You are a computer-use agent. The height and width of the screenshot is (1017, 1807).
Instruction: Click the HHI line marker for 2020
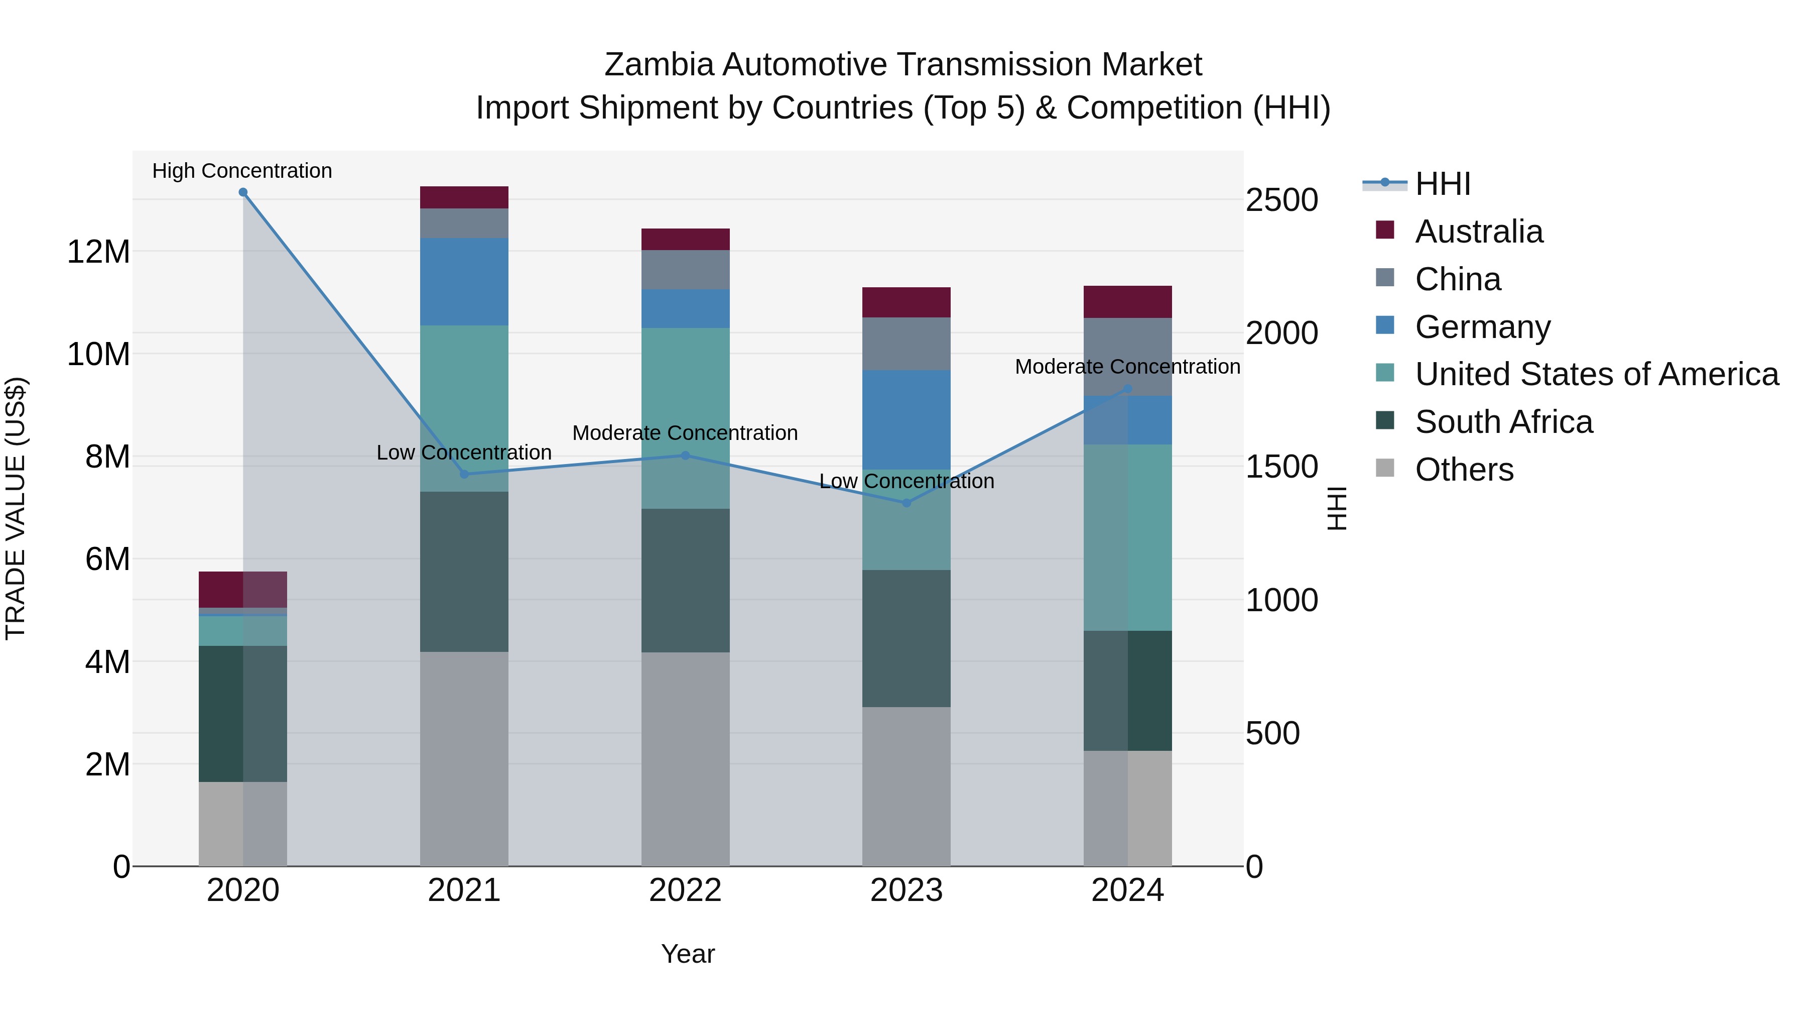243,192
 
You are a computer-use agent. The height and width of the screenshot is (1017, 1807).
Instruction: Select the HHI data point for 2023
907,503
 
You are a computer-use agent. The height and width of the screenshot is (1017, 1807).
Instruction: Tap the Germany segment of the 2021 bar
464,281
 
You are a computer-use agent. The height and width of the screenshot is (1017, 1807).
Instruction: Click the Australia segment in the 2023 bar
907,302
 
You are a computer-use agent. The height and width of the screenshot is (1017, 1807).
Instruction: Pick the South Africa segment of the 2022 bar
685,581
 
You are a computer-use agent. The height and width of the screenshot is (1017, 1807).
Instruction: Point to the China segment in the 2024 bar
1127,357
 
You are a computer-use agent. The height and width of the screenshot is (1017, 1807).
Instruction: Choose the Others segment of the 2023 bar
907,786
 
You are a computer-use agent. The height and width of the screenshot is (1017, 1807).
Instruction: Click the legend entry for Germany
1482,327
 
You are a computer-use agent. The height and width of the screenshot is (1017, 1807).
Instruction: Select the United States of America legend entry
1596,374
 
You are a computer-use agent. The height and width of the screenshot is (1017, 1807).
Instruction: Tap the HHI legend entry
1442,184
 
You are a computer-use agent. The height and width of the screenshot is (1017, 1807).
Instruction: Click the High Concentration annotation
242,171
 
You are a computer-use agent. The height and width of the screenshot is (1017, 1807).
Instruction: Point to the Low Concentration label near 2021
464,453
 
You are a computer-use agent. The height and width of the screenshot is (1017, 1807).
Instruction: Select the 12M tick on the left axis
98,251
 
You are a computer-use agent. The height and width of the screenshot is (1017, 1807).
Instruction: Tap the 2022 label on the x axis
685,890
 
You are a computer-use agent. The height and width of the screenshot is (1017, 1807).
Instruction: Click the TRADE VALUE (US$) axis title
16,508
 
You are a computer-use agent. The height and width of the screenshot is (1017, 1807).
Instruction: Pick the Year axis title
688,954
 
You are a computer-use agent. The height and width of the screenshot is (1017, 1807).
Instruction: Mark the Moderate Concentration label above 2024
1127,367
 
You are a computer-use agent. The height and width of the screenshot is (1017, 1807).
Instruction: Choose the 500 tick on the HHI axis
1272,733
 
